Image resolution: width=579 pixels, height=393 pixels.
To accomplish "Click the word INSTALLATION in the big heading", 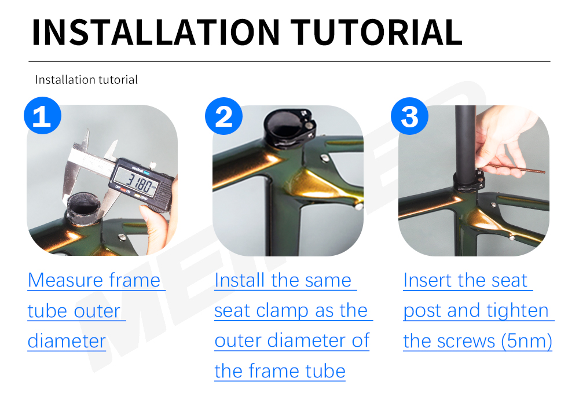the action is coord(156,32).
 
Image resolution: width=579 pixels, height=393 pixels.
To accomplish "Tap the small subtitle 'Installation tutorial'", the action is coord(86,80).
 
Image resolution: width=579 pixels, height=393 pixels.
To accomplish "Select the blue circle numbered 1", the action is coord(42,116).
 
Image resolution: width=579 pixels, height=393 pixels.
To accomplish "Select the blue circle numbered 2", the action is coord(223,116).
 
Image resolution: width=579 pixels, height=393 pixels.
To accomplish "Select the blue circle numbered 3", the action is coord(409,116).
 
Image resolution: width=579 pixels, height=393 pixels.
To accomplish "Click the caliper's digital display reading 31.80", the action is coord(136,181).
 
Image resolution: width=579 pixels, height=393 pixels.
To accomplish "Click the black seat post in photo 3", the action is coord(466,140).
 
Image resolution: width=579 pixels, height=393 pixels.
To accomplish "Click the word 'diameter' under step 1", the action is coord(67,340).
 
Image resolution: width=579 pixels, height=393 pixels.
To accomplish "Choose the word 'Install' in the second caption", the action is coord(240,280).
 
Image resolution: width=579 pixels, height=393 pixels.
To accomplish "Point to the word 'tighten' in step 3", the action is coord(517,311).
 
